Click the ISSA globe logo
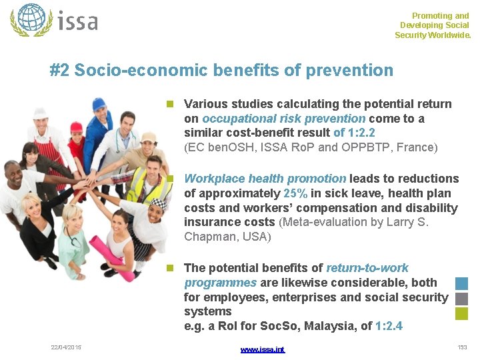point(31,20)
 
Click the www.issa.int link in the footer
point(262,349)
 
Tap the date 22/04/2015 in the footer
point(65,347)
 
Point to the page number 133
point(462,347)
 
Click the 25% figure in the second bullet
point(295,193)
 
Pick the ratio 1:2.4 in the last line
point(389,327)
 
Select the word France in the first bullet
point(416,148)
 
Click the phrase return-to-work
point(367,268)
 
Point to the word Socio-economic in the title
point(141,70)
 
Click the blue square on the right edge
point(461,283)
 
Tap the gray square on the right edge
point(461,298)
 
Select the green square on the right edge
point(461,313)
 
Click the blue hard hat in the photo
point(99,104)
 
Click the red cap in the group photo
point(76,127)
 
